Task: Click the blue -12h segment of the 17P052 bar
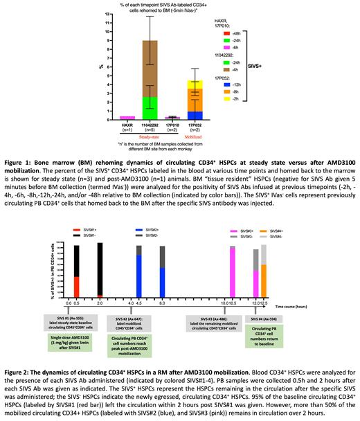196,115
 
